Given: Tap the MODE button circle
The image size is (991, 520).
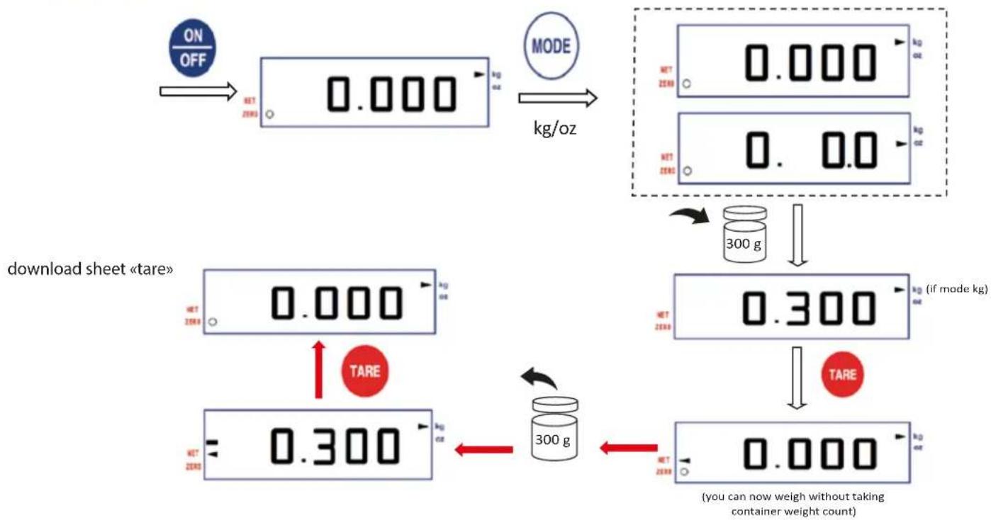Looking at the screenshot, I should pyautogui.click(x=551, y=47).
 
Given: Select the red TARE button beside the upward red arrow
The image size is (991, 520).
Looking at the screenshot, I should pyautogui.click(x=364, y=371).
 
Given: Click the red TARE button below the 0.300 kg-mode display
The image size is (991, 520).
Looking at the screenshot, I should pyautogui.click(x=842, y=374).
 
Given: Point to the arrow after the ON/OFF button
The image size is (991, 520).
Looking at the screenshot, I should pyautogui.click(x=197, y=91).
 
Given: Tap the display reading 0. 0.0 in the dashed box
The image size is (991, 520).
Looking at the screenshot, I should pyautogui.click(x=793, y=149).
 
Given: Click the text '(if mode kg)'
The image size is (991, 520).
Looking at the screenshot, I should pyautogui.click(x=957, y=290).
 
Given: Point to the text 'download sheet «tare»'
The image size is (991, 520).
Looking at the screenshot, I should pyautogui.click(x=90, y=270).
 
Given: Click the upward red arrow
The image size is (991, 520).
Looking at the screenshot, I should pyautogui.click(x=318, y=369).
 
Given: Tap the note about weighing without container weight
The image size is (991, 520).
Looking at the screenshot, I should pyautogui.click(x=793, y=503).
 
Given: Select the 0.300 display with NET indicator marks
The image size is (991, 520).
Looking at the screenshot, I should pyautogui.click(x=318, y=445).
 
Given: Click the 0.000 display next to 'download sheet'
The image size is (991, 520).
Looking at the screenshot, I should pyautogui.click(x=319, y=302).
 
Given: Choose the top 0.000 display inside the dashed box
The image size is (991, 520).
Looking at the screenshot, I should pyautogui.click(x=793, y=62).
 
